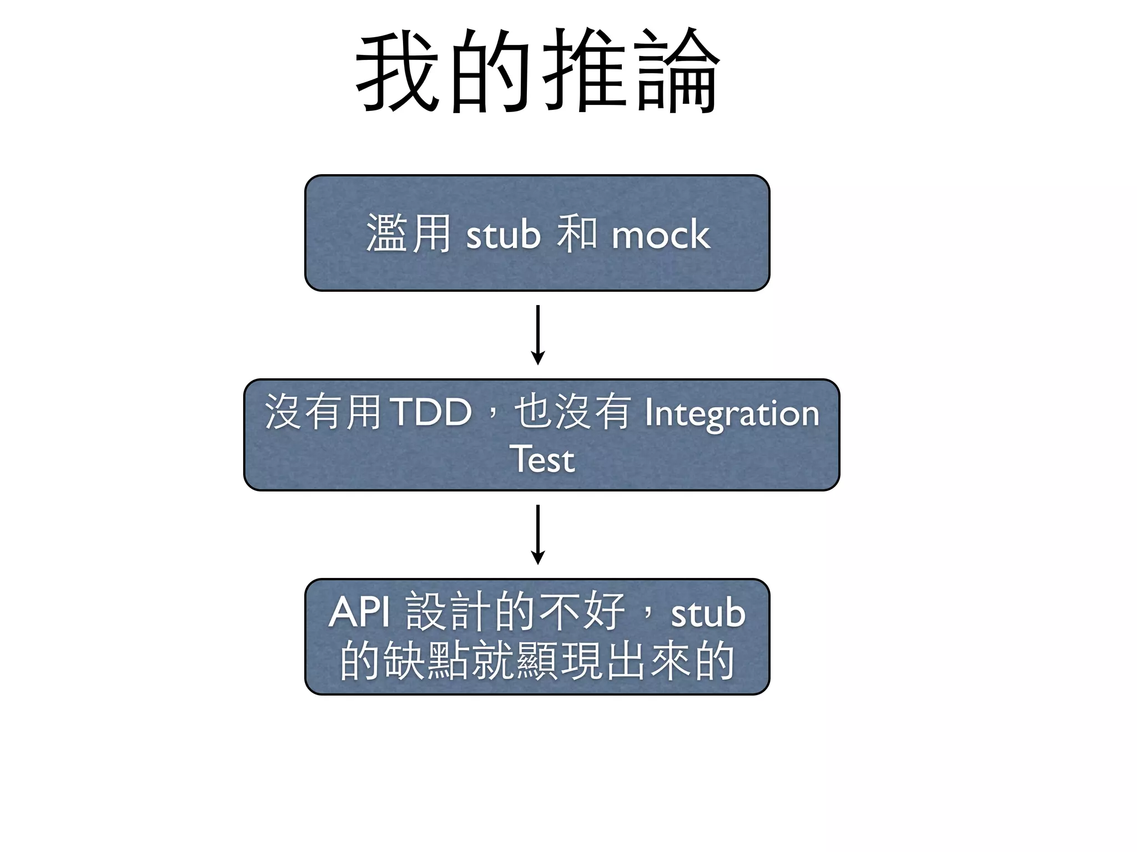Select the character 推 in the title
coord(584,71)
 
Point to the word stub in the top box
coord(503,235)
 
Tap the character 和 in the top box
coord(577,234)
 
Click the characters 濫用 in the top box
coord(409,234)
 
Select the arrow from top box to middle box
coord(537,334)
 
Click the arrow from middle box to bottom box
coord(537,534)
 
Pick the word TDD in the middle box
coord(431,413)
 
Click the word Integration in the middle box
coord(732,414)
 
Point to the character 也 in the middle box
coord(533,412)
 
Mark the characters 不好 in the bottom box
coord(583,611)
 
